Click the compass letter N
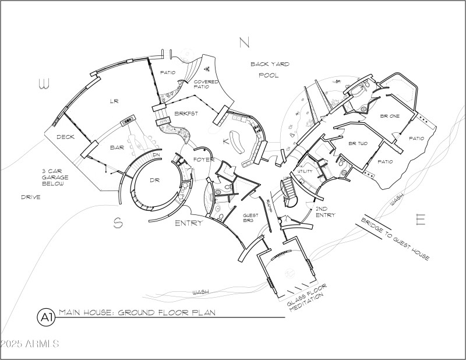tap(244, 42)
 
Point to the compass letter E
tap(421, 220)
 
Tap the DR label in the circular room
tap(154, 180)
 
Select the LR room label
tap(114, 101)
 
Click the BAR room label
tap(117, 148)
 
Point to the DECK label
tap(65, 137)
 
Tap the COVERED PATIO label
tap(206, 84)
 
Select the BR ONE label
tap(390, 117)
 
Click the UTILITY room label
tap(305, 171)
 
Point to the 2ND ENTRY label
tap(324, 211)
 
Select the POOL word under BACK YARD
tap(269, 75)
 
